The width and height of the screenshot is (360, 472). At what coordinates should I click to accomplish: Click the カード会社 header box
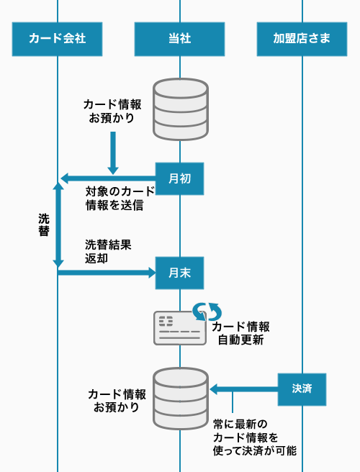point(57,39)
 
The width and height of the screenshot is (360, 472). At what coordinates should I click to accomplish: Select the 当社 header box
point(179,39)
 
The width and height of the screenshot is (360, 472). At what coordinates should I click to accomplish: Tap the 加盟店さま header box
point(302,39)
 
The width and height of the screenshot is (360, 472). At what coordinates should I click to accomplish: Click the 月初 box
point(179,179)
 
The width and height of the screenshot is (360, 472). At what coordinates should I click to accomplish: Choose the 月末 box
point(179,273)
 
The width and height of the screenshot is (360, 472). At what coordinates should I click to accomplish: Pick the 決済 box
point(302,389)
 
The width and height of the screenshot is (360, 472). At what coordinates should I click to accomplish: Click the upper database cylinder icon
point(181,109)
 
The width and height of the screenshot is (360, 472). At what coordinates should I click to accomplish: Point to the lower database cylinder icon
point(181,399)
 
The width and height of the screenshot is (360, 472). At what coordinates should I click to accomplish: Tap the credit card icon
point(180,328)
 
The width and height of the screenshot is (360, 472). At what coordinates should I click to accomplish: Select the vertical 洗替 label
point(44,225)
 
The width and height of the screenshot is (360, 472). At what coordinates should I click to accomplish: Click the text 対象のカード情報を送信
point(120,199)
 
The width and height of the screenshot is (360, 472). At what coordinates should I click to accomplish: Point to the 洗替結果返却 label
point(108,251)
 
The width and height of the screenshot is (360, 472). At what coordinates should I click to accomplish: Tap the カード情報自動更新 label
point(240,333)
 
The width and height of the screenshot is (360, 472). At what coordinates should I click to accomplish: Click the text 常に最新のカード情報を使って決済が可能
point(255,437)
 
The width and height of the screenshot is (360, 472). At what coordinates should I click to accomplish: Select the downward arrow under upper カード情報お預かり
point(113,153)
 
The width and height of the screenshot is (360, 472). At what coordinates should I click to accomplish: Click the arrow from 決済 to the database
point(243,389)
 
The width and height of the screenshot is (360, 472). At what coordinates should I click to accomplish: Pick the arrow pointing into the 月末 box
point(107,273)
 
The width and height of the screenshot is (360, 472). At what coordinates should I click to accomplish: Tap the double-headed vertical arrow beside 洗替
point(58,225)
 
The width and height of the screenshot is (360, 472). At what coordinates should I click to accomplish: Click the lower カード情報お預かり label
point(117,401)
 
